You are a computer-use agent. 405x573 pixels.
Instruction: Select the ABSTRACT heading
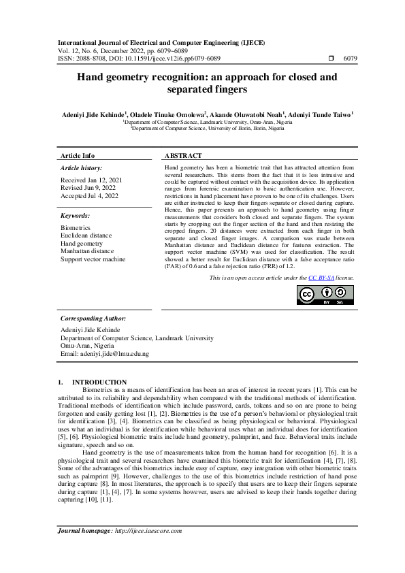183,156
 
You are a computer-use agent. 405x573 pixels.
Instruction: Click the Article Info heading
78,156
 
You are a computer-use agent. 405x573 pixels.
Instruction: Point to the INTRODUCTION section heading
99,382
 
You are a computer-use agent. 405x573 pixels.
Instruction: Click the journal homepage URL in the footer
148,550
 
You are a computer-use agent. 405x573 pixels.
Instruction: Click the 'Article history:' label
82,167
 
